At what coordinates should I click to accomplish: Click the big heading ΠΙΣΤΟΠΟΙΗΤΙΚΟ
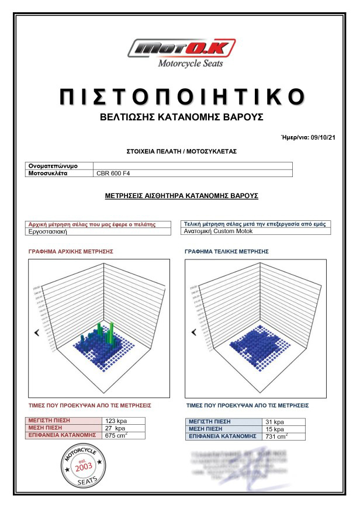182,97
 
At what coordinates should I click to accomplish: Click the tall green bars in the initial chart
108,332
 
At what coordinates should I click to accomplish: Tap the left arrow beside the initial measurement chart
37,332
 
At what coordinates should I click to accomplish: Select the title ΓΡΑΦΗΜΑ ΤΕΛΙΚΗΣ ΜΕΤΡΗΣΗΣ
226,251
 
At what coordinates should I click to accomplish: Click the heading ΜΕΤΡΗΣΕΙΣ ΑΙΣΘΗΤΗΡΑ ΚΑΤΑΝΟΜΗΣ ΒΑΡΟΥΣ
181,196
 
